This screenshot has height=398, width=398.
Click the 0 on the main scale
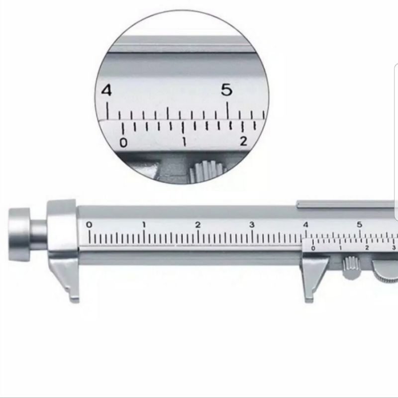89,225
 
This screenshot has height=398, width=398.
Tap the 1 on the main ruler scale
144,225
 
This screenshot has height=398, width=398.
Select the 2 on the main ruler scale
198,225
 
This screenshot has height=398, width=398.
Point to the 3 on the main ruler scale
252,225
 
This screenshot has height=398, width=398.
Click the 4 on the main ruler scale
305,225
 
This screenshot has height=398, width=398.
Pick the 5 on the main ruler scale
359,225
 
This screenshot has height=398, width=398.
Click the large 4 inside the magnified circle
106,91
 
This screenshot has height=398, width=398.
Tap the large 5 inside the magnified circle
227,90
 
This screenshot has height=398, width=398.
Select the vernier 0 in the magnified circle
123,143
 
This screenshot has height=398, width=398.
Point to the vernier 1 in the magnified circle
184,142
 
